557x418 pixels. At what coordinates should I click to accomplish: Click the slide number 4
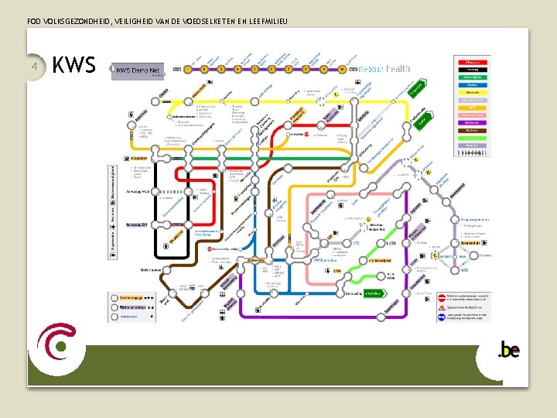[x=35, y=66]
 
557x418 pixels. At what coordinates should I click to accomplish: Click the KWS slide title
[x=74, y=66]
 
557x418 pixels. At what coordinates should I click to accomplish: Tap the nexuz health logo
[x=384, y=69]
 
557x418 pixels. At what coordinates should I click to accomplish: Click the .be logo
[x=508, y=351]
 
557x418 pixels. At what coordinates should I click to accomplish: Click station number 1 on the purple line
[x=187, y=69]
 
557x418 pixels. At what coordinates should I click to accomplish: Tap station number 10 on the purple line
[x=342, y=69]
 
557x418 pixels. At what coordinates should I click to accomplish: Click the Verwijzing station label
[x=354, y=293]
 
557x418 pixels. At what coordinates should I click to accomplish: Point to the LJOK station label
[x=390, y=243]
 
